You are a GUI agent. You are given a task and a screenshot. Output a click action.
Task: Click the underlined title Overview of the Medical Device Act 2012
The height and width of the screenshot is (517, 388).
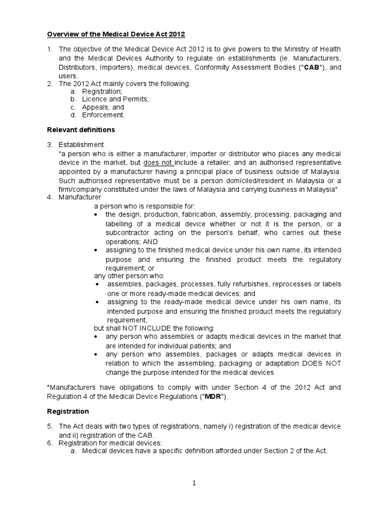tap(116, 34)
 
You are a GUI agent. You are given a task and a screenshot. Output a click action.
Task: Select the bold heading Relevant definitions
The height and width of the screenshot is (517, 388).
tap(81, 130)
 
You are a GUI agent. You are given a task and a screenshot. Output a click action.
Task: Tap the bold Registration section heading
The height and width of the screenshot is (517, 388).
tap(68, 411)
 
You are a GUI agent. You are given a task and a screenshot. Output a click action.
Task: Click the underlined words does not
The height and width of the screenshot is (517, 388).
tap(159, 163)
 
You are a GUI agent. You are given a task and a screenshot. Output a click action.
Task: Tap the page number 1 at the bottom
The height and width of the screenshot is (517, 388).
tap(194, 483)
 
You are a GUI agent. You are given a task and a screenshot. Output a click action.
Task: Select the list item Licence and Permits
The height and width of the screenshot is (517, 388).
tap(115, 99)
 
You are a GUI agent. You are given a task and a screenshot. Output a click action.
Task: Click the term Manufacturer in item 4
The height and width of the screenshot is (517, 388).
tap(80, 197)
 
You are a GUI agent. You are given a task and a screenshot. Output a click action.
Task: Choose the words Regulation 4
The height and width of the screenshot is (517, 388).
tap(67, 396)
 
